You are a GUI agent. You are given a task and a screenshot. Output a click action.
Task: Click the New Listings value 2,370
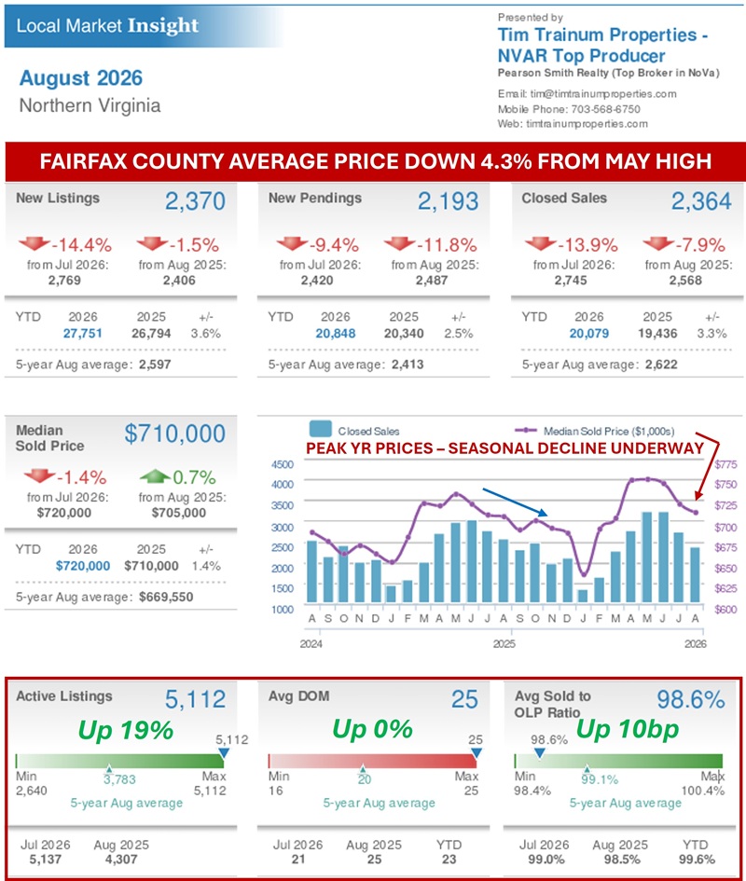(x=195, y=201)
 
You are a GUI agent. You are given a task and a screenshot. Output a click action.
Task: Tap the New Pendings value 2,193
(x=448, y=201)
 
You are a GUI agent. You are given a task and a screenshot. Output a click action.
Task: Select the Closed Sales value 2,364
(x=701, y=201)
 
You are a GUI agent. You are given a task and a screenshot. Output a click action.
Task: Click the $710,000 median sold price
(x=174, y=434)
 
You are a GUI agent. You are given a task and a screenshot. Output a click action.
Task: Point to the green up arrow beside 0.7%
(x=155, y=477)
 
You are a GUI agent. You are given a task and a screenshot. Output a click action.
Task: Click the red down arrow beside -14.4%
(x=35, y=244)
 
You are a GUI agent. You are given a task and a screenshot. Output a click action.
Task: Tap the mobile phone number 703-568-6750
(x=605, y=109)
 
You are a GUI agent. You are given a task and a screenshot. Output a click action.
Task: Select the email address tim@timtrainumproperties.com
(x=603, y=94)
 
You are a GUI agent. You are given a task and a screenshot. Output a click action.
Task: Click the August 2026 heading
(x=81, y=78)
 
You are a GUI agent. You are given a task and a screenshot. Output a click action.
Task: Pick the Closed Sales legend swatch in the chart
(x=321, y=429)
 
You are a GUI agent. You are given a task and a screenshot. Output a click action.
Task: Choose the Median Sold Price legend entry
(x=594, y=431)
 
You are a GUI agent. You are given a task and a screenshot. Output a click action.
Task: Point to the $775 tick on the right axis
(x=725, y=464)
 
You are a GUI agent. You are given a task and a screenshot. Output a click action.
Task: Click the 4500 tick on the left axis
(x=283, y=464)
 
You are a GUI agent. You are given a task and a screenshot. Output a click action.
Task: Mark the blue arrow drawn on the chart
(x=515, y=502)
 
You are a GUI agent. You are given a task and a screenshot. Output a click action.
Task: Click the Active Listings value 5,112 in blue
(x=195, y=699)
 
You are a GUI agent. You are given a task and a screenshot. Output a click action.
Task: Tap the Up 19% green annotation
(x=125, y=730)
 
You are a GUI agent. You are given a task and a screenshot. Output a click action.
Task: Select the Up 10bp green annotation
(x=628, y=729)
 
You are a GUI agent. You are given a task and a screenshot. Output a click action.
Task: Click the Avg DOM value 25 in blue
(x=464, y=699)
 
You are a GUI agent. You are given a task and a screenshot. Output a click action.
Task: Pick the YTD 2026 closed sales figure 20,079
(x=589, y=333)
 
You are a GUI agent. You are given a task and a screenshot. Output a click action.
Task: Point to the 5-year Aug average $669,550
(x=166, y=597)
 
